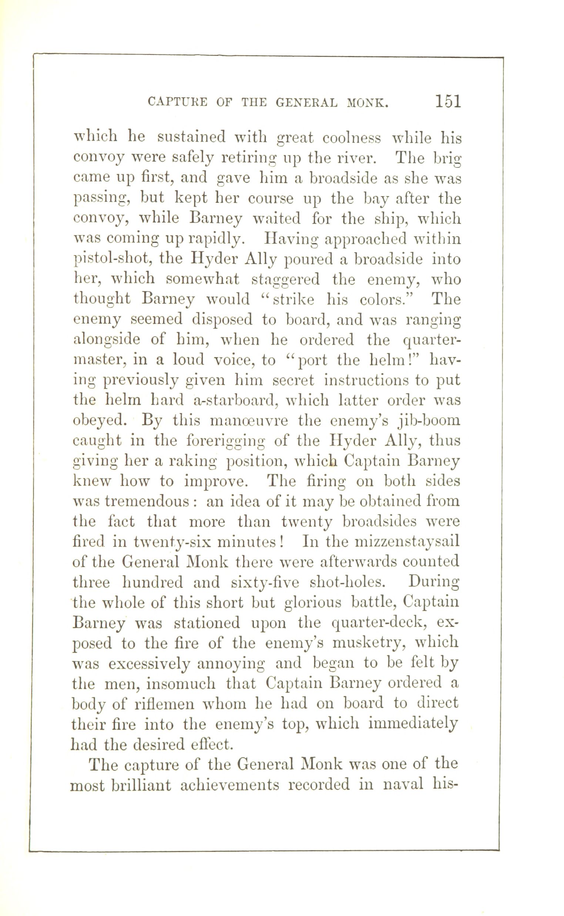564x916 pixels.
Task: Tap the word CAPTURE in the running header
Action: click(x=178, y=102)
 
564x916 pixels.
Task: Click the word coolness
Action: click(x=351, y=138)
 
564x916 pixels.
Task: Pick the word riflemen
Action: click(x=164, y=704)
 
